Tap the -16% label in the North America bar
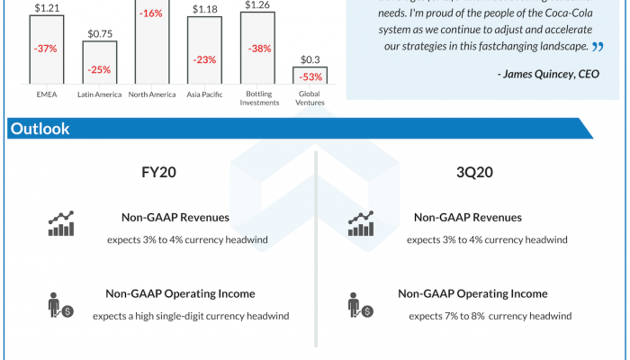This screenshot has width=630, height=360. pos(151,13)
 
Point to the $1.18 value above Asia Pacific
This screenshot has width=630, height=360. pos(204,10)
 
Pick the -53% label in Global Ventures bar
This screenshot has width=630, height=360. pos(310,76)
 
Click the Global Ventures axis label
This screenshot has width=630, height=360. pos(310,98)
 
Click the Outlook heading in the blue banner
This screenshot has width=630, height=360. pos(40,129)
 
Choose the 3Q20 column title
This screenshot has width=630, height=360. pos(472,172)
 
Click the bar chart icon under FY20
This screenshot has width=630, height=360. pos(61,224)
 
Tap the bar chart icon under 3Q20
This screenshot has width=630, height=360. pos(360,224)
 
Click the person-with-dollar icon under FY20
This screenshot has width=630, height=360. pos(60,305)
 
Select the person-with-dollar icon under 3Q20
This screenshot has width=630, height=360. pos(360,305)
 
